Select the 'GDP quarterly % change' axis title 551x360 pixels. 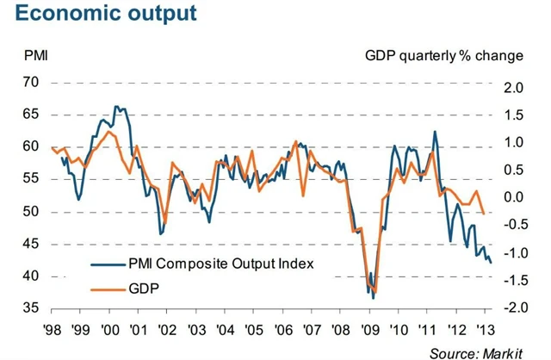(x=443, y=57)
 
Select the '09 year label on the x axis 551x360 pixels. (x=370, y=329)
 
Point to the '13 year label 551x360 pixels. (x=485, y=329)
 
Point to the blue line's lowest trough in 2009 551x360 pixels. (x=374, y=297)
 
